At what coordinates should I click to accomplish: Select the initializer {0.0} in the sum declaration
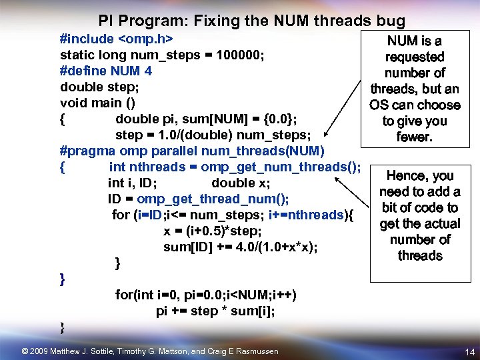coord(279,119)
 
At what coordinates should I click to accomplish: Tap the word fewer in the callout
coord(414,137)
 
